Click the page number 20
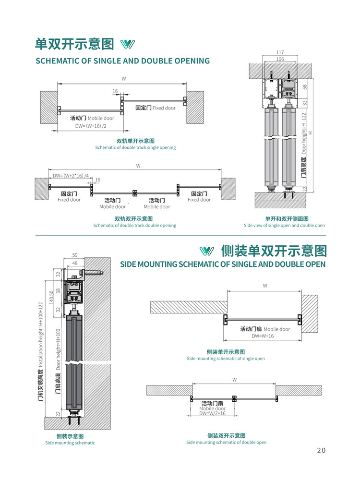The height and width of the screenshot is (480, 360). tap(321, 450)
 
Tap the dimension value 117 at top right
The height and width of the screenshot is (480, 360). tap(280, 52)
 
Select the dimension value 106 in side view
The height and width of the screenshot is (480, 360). tap(280, 59)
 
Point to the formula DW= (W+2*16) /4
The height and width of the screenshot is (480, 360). tap(71, 176)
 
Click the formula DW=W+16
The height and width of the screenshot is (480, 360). tap(263, 336)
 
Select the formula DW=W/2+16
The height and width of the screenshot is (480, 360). tap(213, 413)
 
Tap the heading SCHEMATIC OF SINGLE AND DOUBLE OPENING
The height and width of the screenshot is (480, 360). tap(123, 61)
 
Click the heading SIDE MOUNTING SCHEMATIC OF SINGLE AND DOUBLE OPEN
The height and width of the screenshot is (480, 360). tap(222, 264)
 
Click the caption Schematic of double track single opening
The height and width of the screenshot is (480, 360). tap(135, 148)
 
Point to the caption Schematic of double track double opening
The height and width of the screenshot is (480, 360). tap(134, 226)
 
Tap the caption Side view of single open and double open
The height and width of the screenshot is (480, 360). tap(284, 226)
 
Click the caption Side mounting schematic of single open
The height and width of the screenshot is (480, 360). tap(226, 359)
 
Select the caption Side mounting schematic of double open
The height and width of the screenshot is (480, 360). tap(226, 443)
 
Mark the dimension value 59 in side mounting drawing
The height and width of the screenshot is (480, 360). tap(74, 255)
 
